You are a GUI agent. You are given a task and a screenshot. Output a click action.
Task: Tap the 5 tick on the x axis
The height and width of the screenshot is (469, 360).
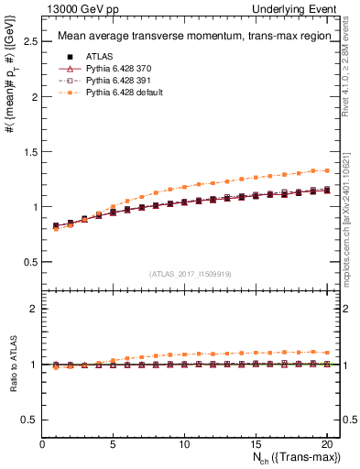point(113,443)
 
